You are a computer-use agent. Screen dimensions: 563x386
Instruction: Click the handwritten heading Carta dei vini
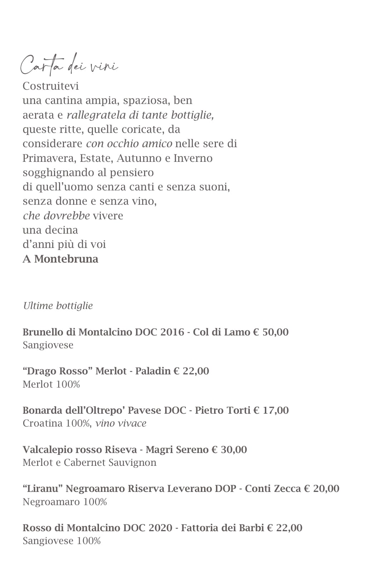click(69, 65)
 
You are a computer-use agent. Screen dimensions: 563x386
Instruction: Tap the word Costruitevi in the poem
click(50, 86)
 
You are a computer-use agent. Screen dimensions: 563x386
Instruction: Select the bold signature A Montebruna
click(60, 259)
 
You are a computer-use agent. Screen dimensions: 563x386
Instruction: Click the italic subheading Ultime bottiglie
click(58, 306)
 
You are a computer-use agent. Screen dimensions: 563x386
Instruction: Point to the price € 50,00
click(271, 332)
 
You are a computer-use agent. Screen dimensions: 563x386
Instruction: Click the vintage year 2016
click(172, 332)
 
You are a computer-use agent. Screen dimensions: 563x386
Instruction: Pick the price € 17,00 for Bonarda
click(271, 410)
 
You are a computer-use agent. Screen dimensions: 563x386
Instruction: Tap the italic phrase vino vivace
click(121, 423)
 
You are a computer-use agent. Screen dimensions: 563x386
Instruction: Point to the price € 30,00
click(229, 449)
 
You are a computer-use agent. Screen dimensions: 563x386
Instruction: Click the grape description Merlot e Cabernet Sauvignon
click(89, 463)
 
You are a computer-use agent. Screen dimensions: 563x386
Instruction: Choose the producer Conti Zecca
click(273, 488)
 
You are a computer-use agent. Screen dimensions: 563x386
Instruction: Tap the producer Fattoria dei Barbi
click(222, 528)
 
